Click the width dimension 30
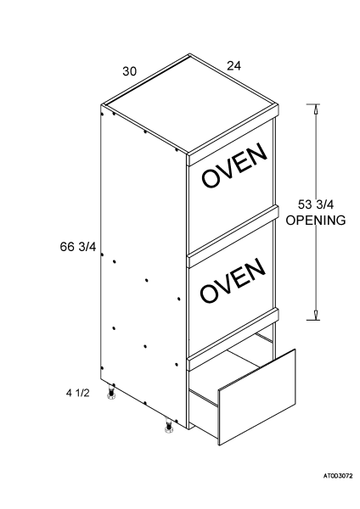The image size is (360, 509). point(130,71)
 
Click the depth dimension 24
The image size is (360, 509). point(234,66)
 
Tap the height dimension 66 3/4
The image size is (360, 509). point(78,247)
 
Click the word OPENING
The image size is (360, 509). point(316,220)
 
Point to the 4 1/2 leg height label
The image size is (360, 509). point(77,393)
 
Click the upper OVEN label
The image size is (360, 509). point(234,165)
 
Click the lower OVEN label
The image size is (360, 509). point(233,280)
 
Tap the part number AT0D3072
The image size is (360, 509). point(338,476)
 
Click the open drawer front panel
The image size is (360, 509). point(257,397)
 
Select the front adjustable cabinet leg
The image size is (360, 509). point(169,426)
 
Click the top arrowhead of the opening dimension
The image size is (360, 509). point(314,109)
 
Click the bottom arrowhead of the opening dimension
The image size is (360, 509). point(316,315)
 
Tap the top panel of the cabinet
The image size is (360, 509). point(190,103)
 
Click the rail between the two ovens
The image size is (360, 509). point(233,231)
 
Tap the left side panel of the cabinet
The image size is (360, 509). point(143,266)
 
